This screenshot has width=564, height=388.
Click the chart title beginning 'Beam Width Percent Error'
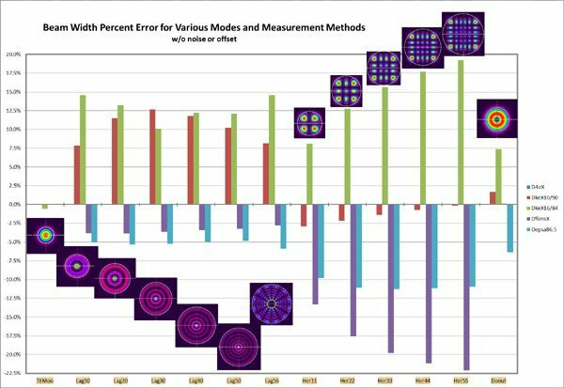click(187, 27)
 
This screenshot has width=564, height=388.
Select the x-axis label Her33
click(385, 380)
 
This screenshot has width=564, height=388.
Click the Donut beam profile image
click(496, 118)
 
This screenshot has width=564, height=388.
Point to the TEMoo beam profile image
click(44, 236)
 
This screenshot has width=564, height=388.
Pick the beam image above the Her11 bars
click(310, 123)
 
